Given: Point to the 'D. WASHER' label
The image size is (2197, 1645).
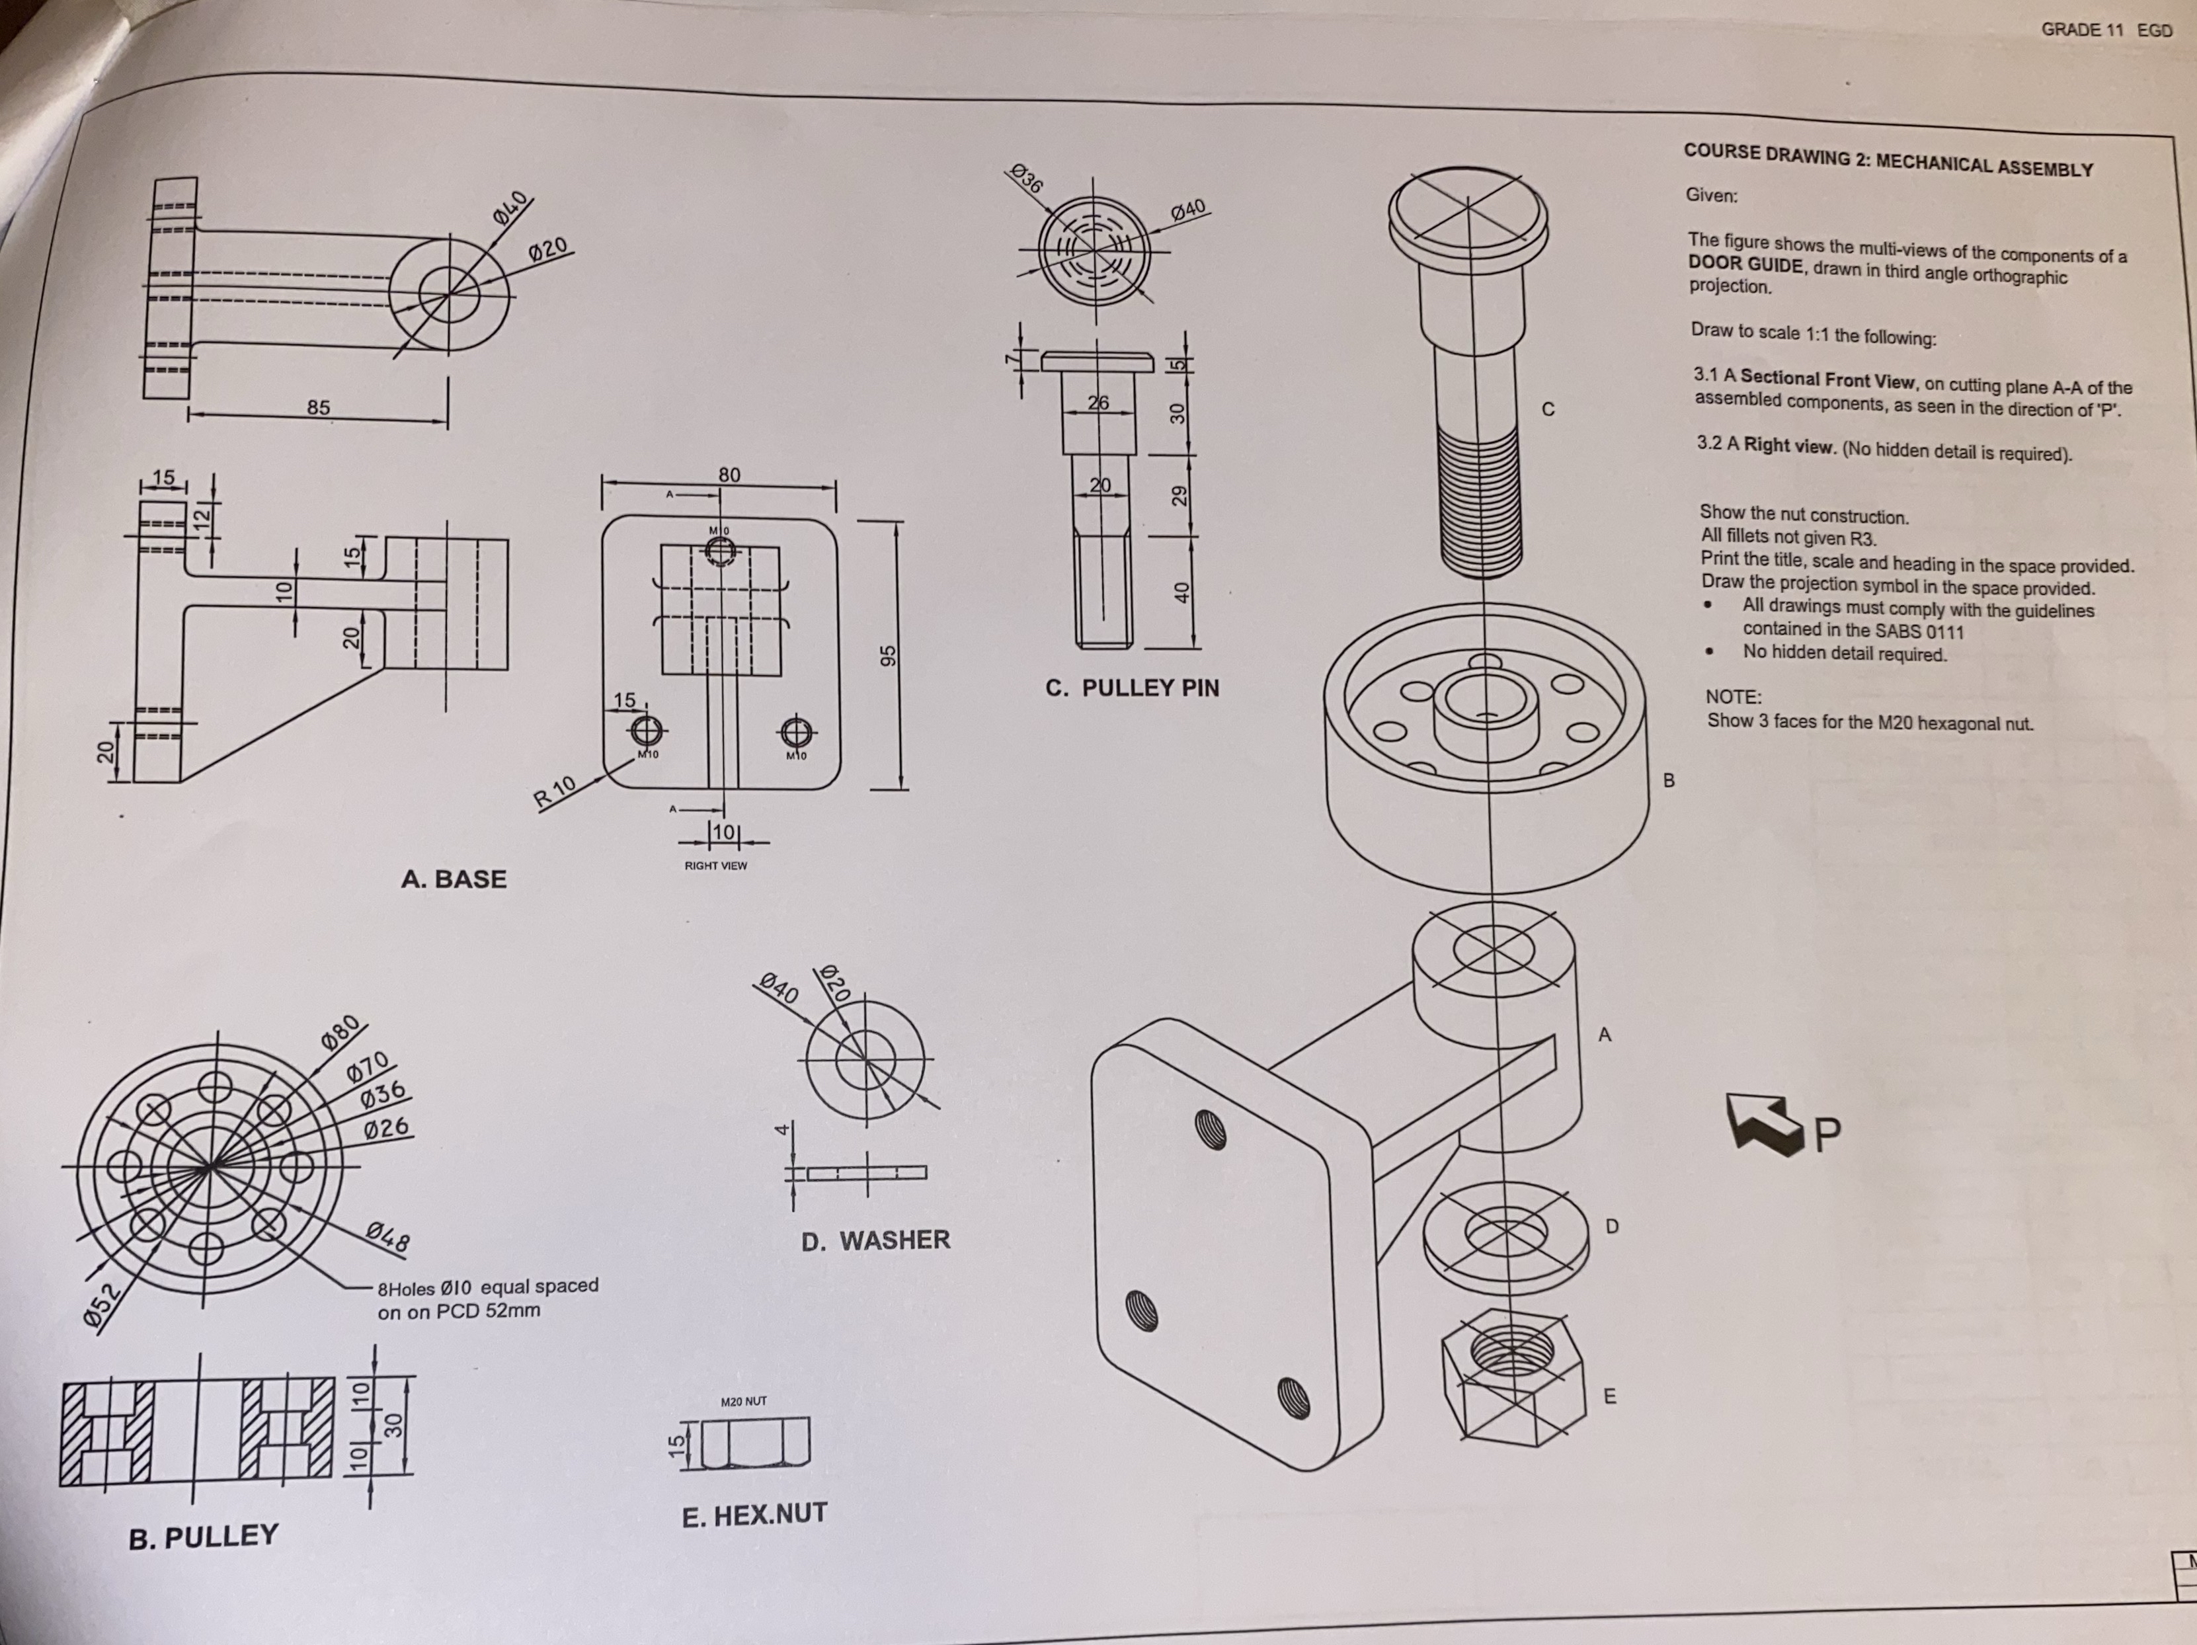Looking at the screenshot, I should pos(875,1240).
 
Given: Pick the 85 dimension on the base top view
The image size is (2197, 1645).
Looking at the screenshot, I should pos(318,407).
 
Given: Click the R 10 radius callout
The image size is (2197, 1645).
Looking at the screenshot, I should pos(554,791).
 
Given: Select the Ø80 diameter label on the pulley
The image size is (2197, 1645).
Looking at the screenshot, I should pos(344,1037).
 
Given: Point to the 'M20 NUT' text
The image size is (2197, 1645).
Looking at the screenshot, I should pos(743,1402).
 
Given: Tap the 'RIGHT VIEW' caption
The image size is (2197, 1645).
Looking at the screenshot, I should pos(715,866).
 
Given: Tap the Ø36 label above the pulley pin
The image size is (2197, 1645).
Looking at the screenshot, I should pos(1026,179).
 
